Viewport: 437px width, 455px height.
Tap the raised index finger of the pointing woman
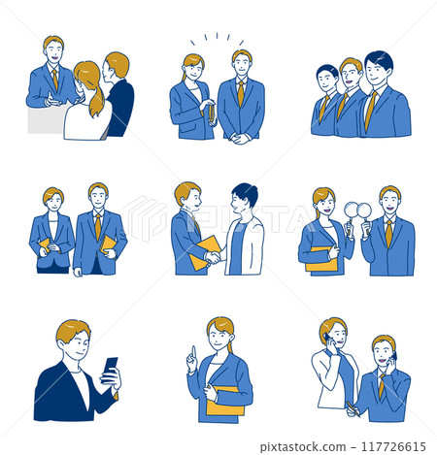pyautogui.click(x=192, y=351)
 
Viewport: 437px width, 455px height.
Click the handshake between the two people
pyautogui.click(x=212, y=257)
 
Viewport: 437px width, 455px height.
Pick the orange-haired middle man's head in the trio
pyautogui.click(x=351, y=71)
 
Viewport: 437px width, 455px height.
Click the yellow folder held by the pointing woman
pyautogui.click(x=225, y=398)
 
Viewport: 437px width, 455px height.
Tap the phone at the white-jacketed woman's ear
pyautogui.click(x=331, y=341)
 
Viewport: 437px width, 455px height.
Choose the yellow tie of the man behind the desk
pyautogui.click(x=55, y=78)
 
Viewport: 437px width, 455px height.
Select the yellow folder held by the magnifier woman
pyautogui.click(x=320, y=259)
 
